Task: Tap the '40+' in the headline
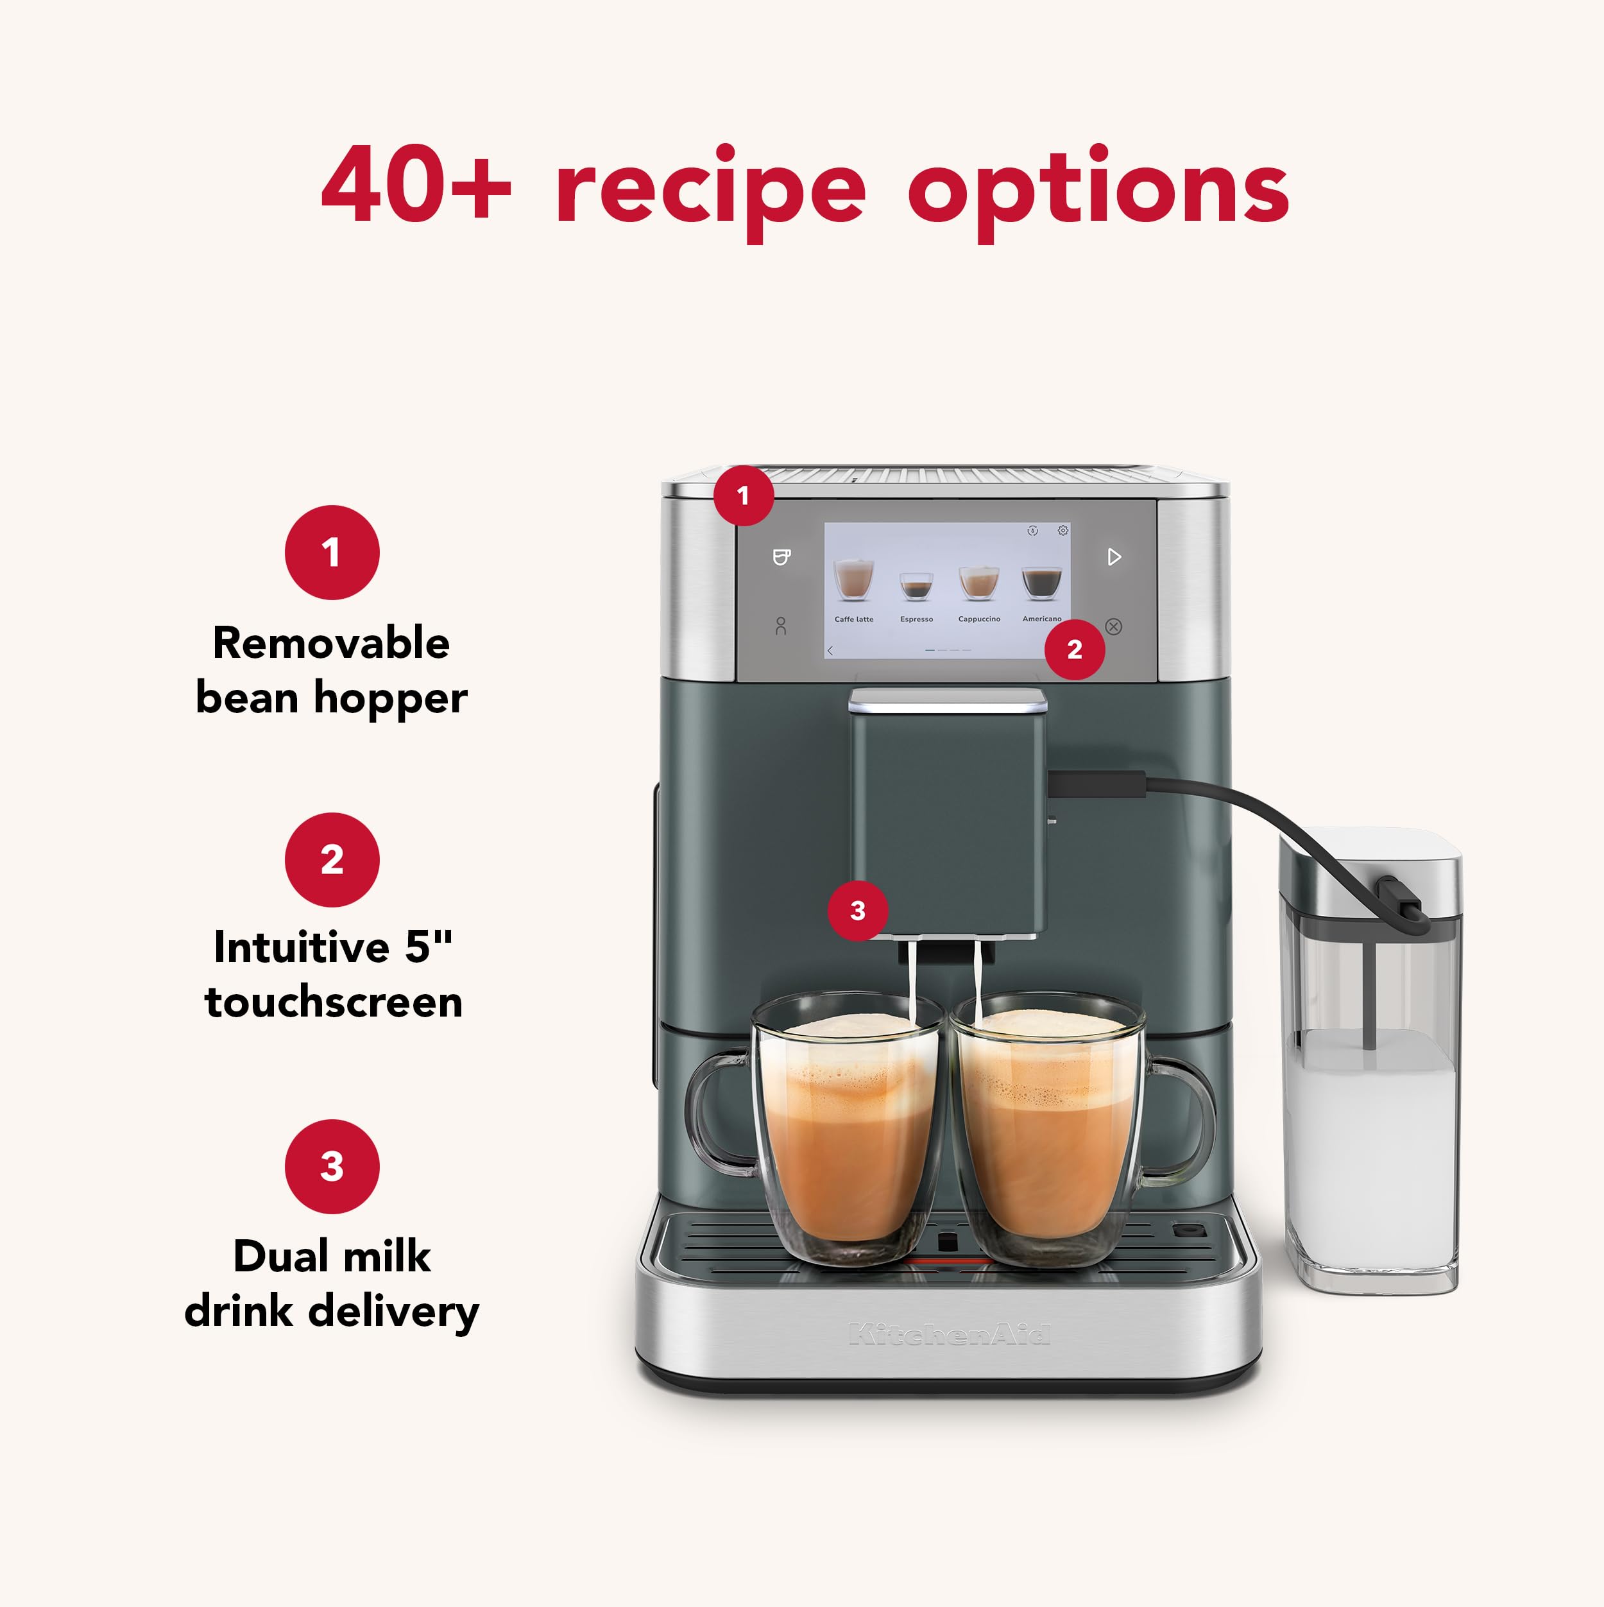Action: pos(416,185)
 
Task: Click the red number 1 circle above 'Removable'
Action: pos(332,553)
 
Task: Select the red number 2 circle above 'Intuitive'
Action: pos(332,859)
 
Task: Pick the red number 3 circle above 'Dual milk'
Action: pos(332,1166)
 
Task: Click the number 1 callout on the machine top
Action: pos(744,495)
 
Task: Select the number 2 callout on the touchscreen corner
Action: pos(1074,649)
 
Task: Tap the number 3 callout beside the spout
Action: pos(858,911)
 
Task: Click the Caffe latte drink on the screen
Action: pos(853,582)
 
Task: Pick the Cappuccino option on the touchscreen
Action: pos(978,584)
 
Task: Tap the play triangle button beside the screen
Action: pos(1114,556)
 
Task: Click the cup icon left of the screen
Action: pos(781,556)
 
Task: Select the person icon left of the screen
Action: pos(780,626)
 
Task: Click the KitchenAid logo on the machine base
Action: pos(949,1334)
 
